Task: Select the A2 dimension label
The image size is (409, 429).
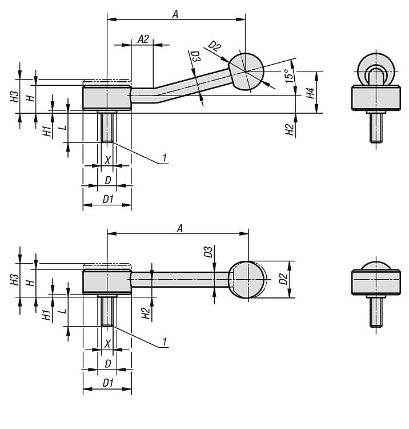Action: click(143, 39)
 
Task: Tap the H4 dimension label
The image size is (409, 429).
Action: click(310, 93)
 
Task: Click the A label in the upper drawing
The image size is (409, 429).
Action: click(175, 14)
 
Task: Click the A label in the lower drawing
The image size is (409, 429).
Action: click(179, 228)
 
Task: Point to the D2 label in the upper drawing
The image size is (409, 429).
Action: click(214, 46)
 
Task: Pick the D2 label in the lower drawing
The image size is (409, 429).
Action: click(283, 279)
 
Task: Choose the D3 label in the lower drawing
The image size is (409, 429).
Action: click(208, 252)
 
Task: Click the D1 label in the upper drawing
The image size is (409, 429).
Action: click(108, 199)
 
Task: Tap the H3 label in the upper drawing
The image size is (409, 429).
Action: click(15, 96)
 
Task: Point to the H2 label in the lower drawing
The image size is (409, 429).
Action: click(146, 313)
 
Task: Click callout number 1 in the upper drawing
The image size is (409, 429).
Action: click(165, 158)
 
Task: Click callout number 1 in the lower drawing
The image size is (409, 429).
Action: click(165, 341)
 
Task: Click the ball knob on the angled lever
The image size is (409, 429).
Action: click(246, 71)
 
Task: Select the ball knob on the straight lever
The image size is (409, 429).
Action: click(247, 279)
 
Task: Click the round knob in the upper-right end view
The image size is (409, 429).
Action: click(376, 70)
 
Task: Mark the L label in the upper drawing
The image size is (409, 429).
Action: click(63, 128)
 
